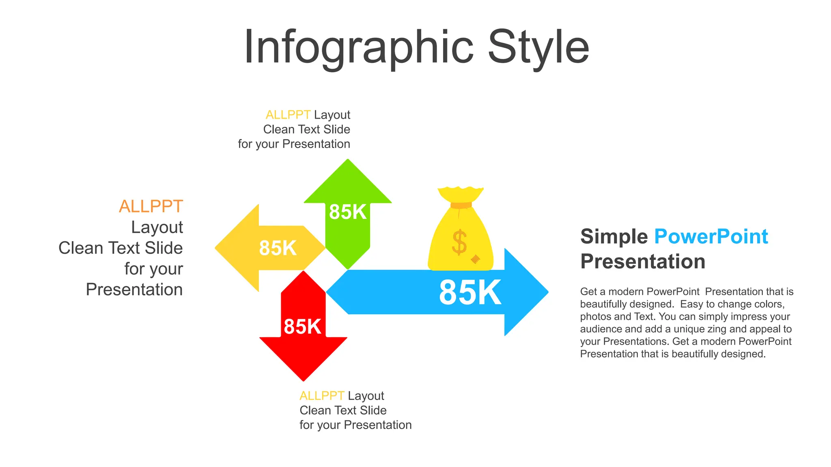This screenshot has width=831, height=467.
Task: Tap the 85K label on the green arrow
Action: (347, 212)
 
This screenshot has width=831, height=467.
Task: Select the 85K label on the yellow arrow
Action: (278, 248)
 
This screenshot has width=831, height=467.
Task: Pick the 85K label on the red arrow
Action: (302, 327)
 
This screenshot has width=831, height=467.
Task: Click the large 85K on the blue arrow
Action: (470, 292)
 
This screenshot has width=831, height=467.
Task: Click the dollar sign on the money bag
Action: (459, 242)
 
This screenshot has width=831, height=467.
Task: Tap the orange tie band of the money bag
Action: (461, 205)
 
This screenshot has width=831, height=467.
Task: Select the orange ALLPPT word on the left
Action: (151, 206)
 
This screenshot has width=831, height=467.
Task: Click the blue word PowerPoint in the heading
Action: (711, 237)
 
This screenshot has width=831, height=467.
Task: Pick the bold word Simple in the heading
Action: (614, 237)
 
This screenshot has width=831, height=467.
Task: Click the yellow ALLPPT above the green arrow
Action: (288, 115)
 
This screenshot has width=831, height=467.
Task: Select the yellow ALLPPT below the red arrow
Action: (322, 396)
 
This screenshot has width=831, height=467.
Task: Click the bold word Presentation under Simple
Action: (643, 261)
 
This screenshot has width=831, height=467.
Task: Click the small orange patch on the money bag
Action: (475, 259)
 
